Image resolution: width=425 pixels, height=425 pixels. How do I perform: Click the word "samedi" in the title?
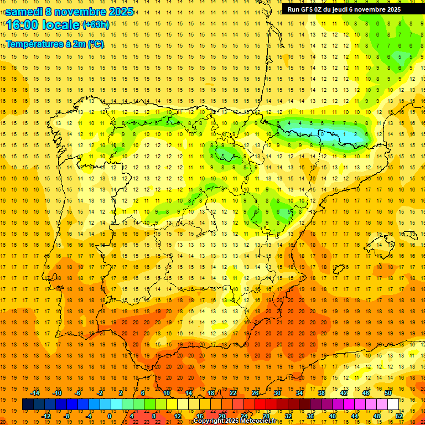coord(23,11)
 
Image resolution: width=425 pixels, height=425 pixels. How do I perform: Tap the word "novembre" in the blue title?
coord(78,11)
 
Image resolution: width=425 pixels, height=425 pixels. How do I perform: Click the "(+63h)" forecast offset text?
coord(96,24)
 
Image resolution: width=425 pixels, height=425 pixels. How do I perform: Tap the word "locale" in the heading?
coord(61,25)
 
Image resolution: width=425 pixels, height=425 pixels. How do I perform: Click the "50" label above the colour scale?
coord(387,393)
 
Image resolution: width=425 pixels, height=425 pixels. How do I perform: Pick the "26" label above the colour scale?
coord(255,393)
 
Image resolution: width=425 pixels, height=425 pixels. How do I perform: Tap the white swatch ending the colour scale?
coord(393,405)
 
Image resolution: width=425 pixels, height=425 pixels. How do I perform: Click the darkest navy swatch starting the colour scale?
coord(28,405)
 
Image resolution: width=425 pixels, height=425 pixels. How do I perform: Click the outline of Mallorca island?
coord(381,244)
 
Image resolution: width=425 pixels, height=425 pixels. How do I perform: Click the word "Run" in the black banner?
coord(294,9)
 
